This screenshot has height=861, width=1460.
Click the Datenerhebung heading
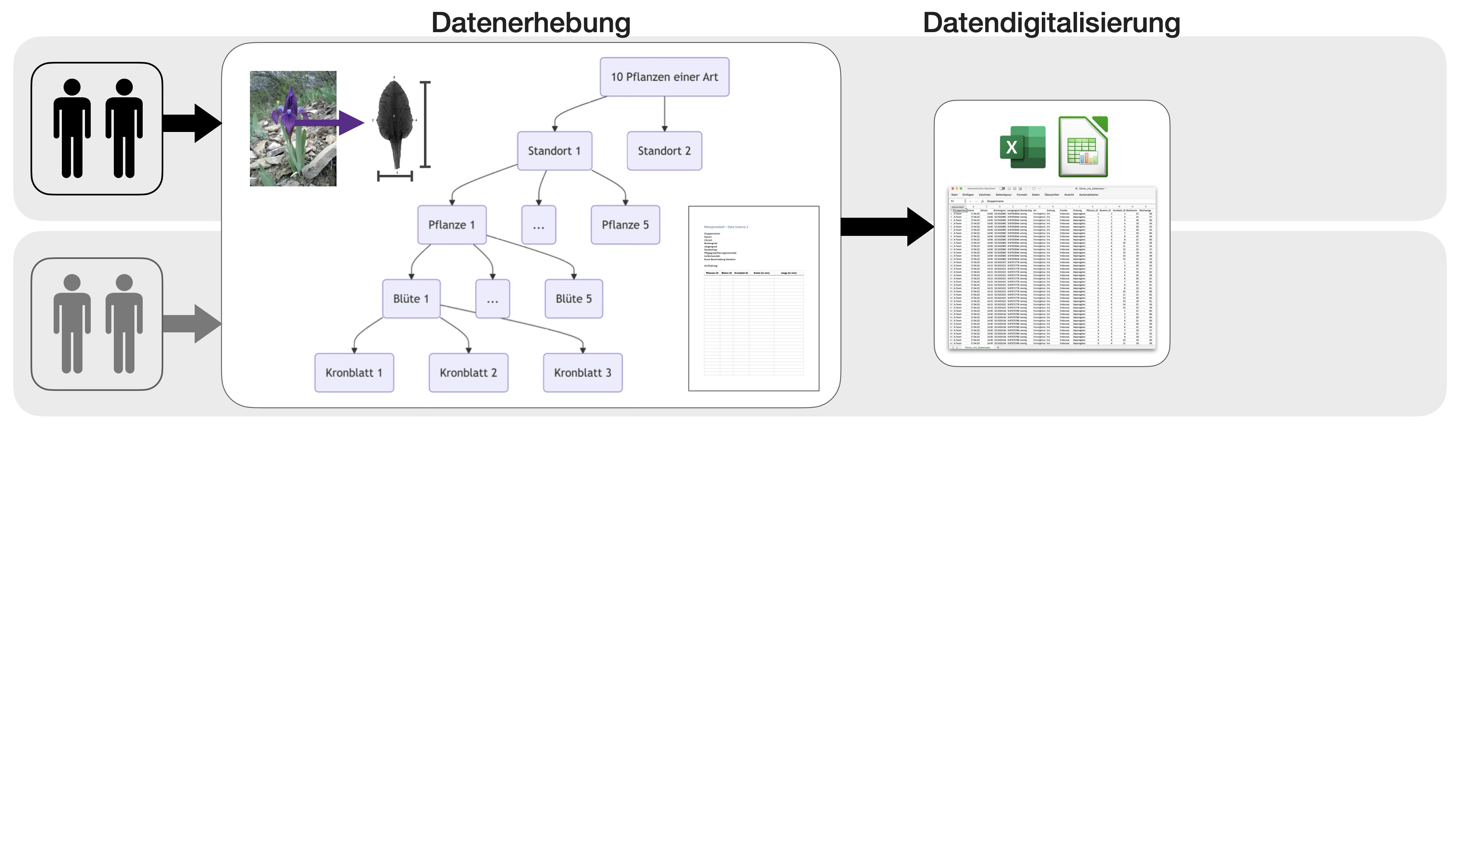tap(530, 23)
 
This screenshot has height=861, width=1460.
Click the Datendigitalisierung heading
tap(1051, 23)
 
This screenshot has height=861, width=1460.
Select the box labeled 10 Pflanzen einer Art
tap(664, 77)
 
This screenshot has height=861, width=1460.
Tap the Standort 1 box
tap(554, 151)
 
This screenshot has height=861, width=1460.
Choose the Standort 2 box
tap(664, 151)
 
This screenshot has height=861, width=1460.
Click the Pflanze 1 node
tap(452, 225)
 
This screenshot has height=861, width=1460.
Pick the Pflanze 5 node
tap(625, 225)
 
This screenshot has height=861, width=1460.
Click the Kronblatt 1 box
tap(354, 372)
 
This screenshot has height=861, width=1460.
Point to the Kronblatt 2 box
tap(468, 372)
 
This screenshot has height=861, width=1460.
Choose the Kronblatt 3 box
tap(583, 372)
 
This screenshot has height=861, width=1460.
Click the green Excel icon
tap(1022, 147)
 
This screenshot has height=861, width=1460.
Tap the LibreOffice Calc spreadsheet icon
tap(1083, 147)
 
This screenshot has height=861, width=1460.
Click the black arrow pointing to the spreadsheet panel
tap(887, 227)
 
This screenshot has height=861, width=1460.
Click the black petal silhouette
tap(395, 122)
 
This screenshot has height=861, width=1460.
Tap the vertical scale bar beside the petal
tap(425, 125)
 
